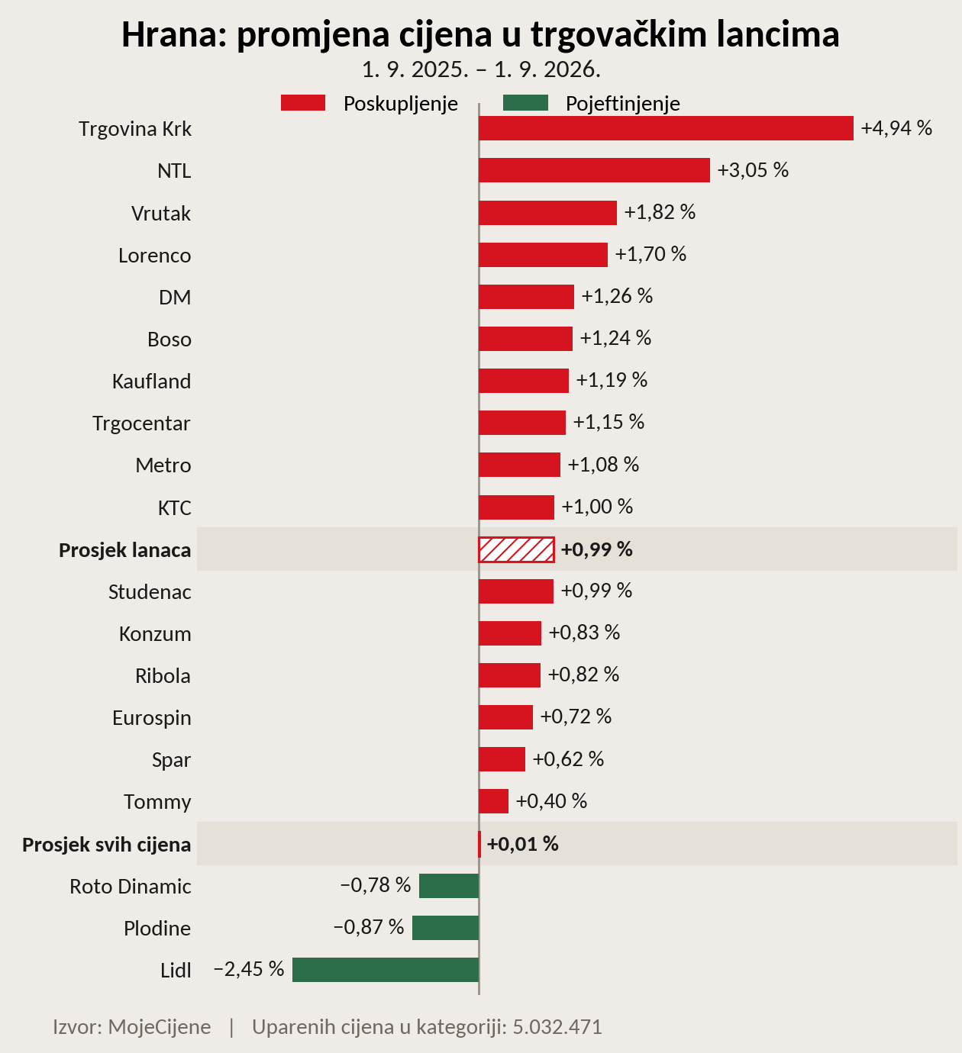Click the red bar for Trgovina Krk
click(666, 128)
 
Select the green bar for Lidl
click(386, 970)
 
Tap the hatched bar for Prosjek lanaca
click(516, 549)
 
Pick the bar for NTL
click(594, 170)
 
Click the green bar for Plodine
click(446, 928)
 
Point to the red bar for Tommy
click(493, 801)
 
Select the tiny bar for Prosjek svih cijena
click(479, 844)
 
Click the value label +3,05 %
click(753, 170)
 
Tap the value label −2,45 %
click(248, 969)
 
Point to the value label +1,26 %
click(617, 296)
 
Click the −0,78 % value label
click(375, 885)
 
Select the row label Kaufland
click(151, 381)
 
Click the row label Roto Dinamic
click(131, 886)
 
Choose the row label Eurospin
click(152, 717)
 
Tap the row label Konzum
click(155, 633)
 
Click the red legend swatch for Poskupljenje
click(303, 103)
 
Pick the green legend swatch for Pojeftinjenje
click(525, 103)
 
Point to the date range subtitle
click(481, 69)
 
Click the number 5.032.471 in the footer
click(557, 1027)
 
